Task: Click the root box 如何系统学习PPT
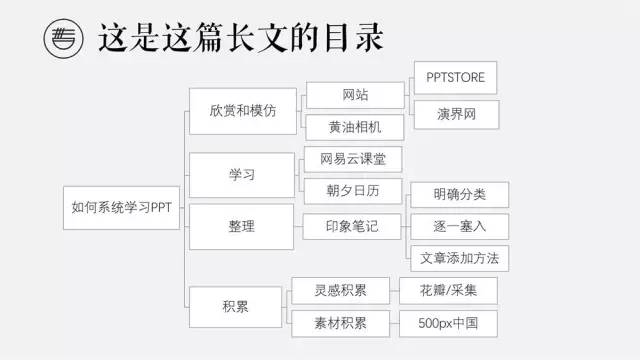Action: point(123,210)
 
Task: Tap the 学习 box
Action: point(241,175)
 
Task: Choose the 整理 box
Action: point(241,226)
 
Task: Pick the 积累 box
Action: point(236,307)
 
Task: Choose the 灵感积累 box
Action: point(341,291)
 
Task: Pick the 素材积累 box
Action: point(341,323)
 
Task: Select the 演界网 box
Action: point(455,114)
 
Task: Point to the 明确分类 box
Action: point(460,195)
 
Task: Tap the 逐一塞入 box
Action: point(460,226)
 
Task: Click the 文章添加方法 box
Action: point(460,258)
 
